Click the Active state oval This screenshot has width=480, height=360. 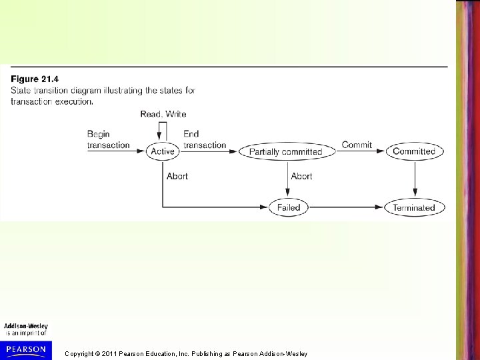pyautogui.click(x=163, y=151)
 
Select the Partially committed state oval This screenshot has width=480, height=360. pyautogui.click(x=285, y=151)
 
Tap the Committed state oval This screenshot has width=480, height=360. pyautogui.click(x=414, y=151)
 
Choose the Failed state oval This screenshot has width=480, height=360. pyautogui.click(x=289, y=207)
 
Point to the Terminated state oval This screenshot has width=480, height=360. pyautogui.click(x=414, y=207)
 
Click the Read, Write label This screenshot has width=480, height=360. pyautogui.click(x=163, y=114)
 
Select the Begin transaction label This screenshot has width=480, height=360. pyautogui.click(x=108, y=139)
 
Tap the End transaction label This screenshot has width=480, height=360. pyautogui.click(x=204, y=139)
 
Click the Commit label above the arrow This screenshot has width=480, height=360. pyautogui.click(x=357, y=145)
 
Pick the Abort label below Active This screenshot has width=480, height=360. pyautogui.click(x=177, y=176)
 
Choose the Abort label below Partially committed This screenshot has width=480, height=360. pyautogui.click(x=302, y=176)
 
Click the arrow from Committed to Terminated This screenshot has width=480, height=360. pyautogui.click(x=415, y=179)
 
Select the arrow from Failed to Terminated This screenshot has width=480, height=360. pyautogui.click(x=347, y=207)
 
